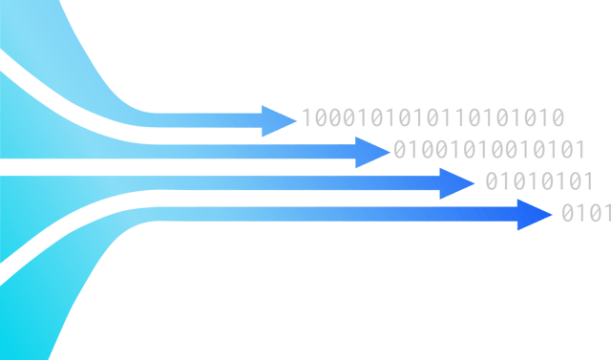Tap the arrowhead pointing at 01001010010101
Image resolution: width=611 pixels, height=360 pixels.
tap(373, 152)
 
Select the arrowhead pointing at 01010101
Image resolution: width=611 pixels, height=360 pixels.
tap(456, 182)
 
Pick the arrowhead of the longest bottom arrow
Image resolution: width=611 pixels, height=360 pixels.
tap(534, 215)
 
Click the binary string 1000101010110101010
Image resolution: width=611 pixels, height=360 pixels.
tap(432, 118)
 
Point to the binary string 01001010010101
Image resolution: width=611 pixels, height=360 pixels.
tap(488, 150)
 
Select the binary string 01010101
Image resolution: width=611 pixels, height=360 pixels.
tap(538, 181)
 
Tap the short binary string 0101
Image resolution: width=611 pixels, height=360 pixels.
tap(584, 213)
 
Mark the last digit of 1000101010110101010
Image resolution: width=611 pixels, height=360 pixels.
tap(558, 118)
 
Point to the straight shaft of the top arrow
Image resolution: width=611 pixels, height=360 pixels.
tap(210, 120)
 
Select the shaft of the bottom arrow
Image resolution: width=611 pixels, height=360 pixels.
tap(334, 215)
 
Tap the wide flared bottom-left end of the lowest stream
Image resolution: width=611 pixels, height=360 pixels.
tap(29, 315)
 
